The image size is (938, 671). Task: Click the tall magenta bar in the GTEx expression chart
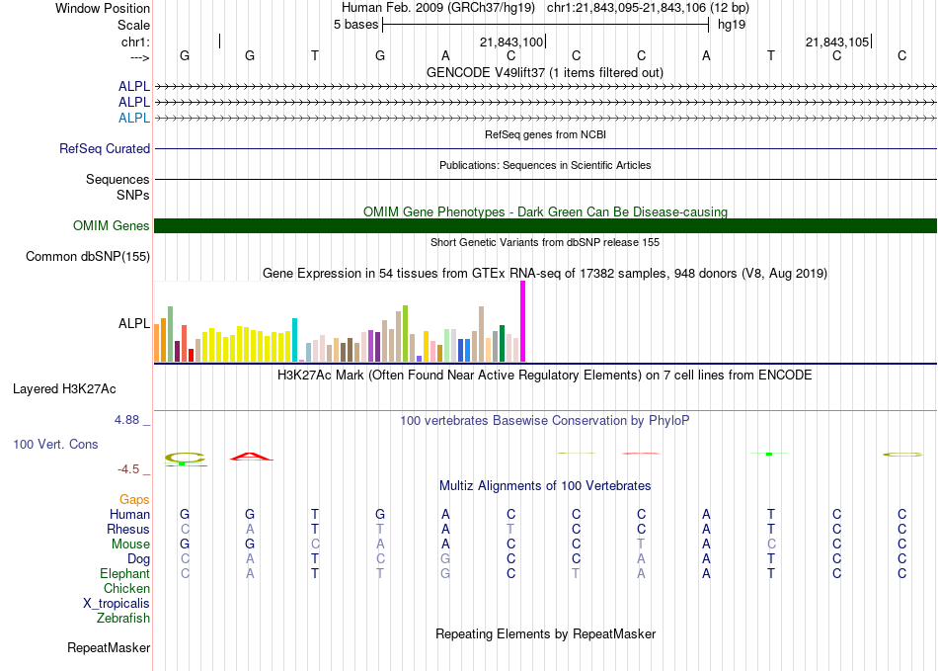[523, 321]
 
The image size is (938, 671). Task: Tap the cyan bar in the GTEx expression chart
[294, 340]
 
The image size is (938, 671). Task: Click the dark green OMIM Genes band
[545, 225]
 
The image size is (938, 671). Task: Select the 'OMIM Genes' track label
[112, 225]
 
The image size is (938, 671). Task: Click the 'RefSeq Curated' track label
[105, 148]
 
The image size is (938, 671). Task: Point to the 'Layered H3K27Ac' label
[64, 389]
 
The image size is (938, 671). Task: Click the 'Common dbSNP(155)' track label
[88, 257]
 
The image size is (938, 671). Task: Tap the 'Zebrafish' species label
[123, 618]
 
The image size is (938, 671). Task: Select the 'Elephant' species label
[124, 573]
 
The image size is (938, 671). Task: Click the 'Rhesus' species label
[128, 529]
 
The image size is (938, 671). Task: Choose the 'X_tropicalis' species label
[117, 604]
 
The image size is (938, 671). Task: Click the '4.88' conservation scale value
[126, 420]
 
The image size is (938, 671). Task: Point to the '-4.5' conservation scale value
[128, 469]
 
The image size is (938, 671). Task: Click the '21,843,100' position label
[511, 42]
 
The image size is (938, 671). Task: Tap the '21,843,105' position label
[837, 42]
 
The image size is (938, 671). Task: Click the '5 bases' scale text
[355, 25]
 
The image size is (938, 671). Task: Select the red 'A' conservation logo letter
[251, 457]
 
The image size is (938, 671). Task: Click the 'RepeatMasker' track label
[109, 647]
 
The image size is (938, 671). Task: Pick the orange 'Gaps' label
[134, 500]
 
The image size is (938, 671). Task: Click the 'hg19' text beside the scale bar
[732, 25]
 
